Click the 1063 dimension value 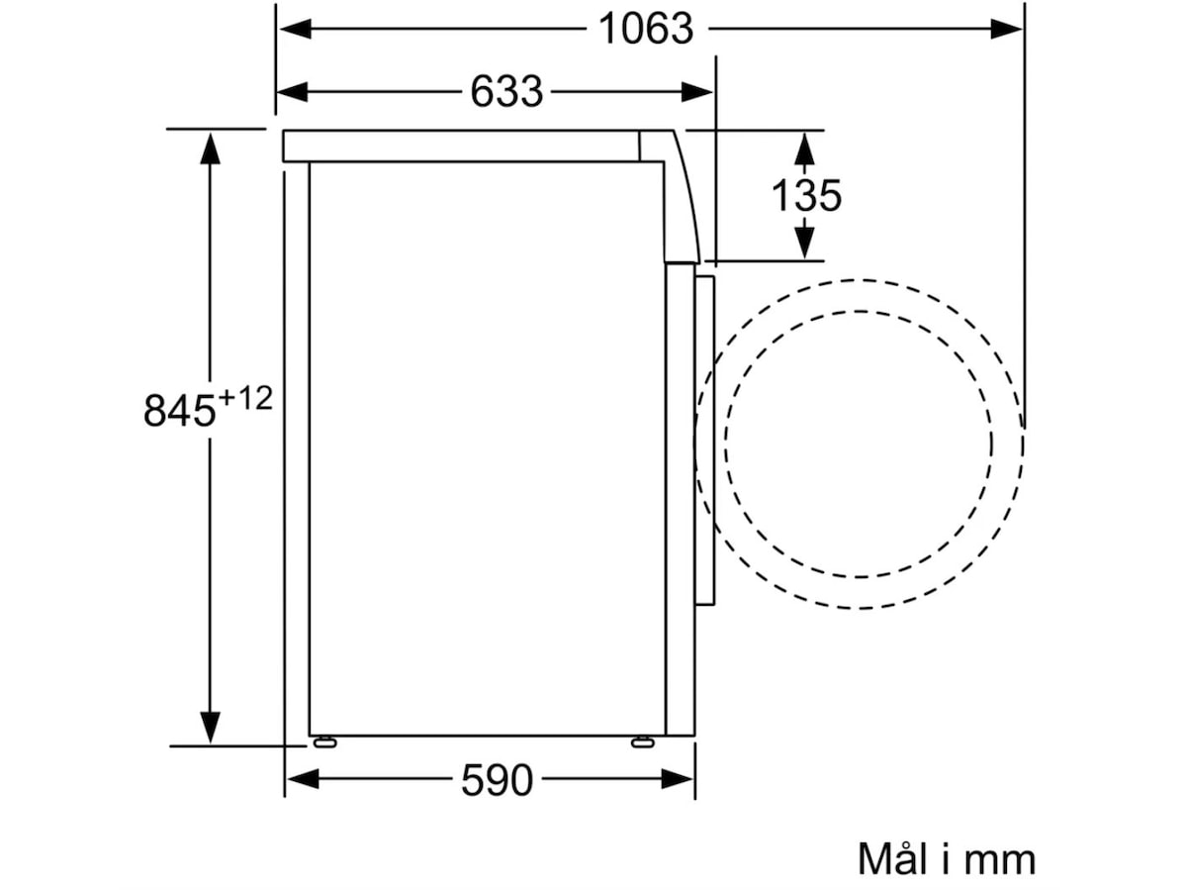click(646, 30)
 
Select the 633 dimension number click(506, 92)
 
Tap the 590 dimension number click(497, 780)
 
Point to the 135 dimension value click(806, 195)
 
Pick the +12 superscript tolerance click(244, 399)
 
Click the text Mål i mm click(947, 858)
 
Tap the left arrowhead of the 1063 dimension click(295, 30)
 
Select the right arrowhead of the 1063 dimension click(1006, 30)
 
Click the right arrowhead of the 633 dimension click(696, 92)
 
